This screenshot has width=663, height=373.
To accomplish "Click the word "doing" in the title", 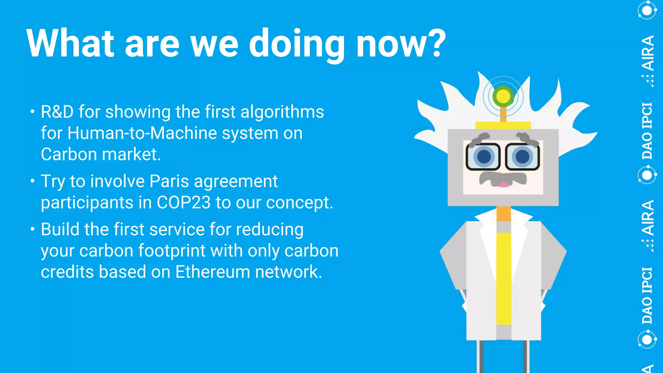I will (x=297, y=44).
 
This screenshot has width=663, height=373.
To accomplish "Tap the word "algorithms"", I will (x=282, y=112).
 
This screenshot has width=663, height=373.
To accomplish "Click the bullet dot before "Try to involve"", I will (x=32, y=181).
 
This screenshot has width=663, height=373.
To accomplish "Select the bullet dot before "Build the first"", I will (x=32, y=229).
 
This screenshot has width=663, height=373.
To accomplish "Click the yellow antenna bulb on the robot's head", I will (x=503, y=96).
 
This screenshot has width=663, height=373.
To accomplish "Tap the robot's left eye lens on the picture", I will (x=484, y=157).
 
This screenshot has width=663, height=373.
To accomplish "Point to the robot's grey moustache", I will (x=502, y=178).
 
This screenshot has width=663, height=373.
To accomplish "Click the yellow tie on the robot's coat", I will (x=503, y=278).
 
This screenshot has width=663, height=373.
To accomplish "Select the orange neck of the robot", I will (x=503, y=214).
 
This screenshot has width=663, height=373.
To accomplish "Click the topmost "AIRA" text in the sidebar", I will (x=648, y=53).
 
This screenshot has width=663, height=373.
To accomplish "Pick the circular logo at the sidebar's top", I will (x=647, y=10).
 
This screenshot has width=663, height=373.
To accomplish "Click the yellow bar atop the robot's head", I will (x=503, y=125).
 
